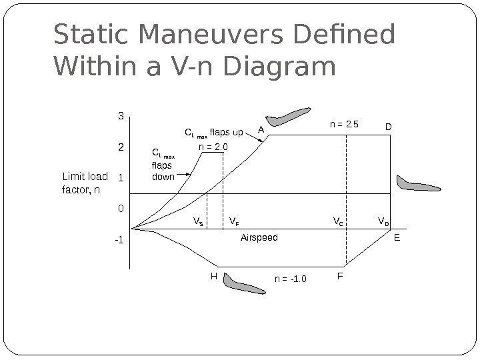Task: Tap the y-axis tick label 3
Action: (121, 116)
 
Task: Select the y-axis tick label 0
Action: (121, 209)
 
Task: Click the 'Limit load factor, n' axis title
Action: (84, 183)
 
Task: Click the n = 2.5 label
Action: (345, 123)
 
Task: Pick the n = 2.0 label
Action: (213, 146)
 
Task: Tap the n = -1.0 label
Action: (290, 279)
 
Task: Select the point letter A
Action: (261, 129)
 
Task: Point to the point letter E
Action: (397, 237)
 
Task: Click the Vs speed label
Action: (198, 221)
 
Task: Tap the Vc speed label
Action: (338, 221)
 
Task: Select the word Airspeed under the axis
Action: (259, 237)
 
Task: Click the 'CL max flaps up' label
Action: (214, 131)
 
